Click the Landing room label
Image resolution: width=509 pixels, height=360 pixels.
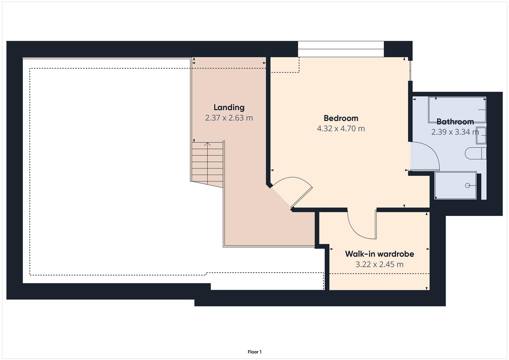[x=229, y=107]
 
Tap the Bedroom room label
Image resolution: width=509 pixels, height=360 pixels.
[x=341, y=118]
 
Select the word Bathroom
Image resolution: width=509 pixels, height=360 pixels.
[x=455, y=122]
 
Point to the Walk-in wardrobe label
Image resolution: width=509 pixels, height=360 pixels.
[x=379, y=254]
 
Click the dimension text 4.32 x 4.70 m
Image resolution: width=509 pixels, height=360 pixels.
[x=341, y=129]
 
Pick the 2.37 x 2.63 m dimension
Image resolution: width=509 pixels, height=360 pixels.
[x=229, y=118]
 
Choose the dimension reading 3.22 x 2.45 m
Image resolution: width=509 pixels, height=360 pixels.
[x=379, y=265]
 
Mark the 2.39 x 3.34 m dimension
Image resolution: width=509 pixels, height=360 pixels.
[x=455, y=132]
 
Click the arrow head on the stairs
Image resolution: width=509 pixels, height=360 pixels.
[x=207, y=144]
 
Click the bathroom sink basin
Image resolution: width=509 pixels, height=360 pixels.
[x=481, y=135]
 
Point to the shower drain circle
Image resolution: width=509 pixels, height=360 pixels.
[x=467, y=185]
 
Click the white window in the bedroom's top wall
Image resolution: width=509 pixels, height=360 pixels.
[x=341, y=49]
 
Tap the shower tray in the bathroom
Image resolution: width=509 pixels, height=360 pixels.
[x=455, y=185]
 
